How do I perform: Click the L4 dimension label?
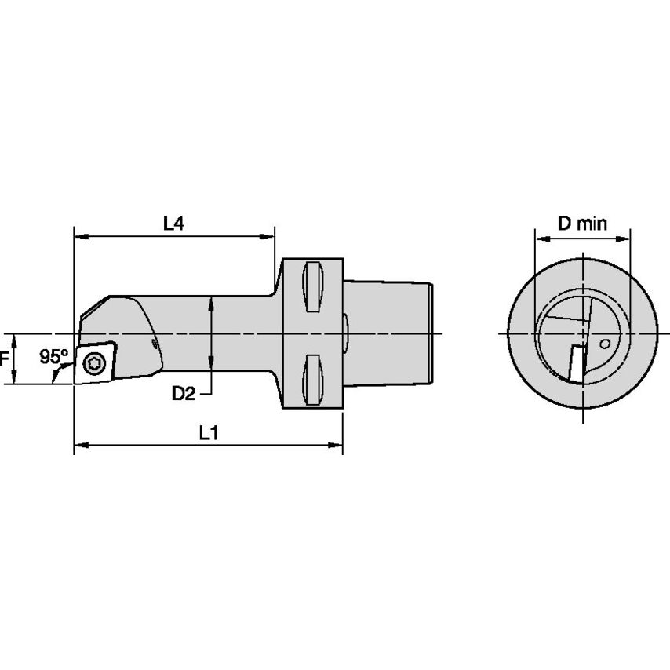[x=173, y=224]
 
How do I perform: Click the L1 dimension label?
[x=208, y=432]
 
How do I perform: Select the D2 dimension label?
[x=183, y=393]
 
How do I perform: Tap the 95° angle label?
[x=54, y=357]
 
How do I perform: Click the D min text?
[x=582, y=224]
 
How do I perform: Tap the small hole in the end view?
[x=603, y=343]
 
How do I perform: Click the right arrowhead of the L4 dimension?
[x=271, y=235]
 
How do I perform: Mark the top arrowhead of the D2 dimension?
[x=211, y=301]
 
